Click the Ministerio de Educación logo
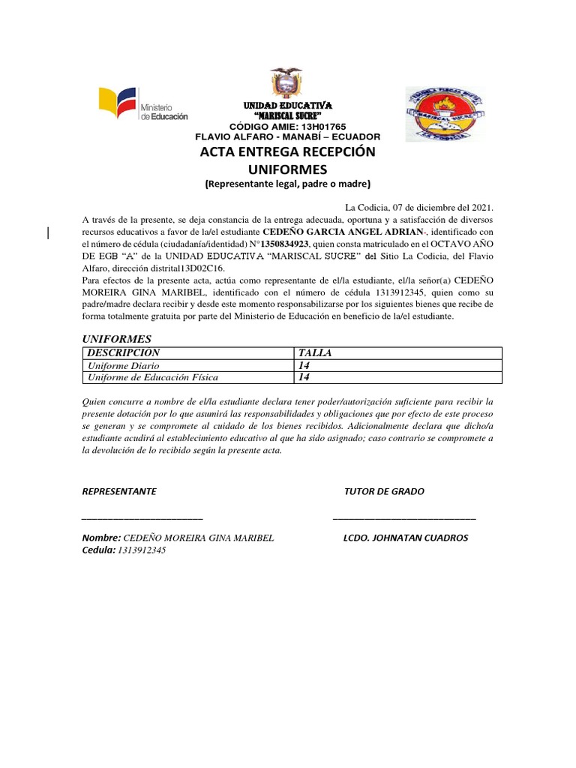[x=142, y=105]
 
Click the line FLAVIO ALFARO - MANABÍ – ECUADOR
[x=287, y=136]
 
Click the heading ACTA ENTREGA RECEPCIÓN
[x=287, y=152]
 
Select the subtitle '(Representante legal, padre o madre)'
[x=288, y=184]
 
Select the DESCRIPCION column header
[x=124, y=352]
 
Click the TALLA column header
[x=314, y=352]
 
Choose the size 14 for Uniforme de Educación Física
[x=304, y=377]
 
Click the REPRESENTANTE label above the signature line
[x=118, y=491]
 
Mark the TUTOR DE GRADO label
[x=384, y=491]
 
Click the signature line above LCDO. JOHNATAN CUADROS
[x=403, y=518]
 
